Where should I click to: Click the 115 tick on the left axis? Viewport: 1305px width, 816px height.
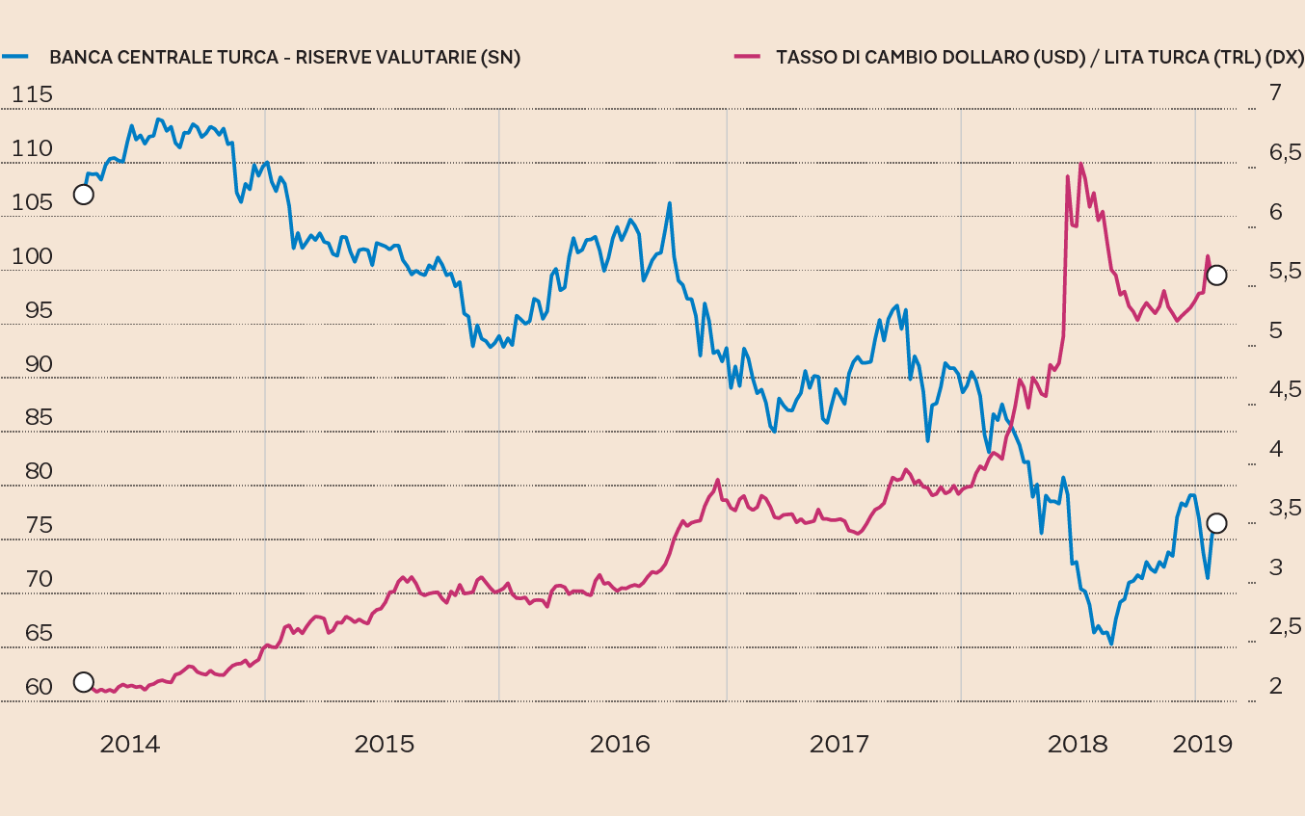33,95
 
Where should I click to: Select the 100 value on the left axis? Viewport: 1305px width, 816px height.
33,257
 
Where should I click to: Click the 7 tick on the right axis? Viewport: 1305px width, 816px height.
1275,92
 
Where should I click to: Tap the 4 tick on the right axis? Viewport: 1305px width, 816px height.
1275,449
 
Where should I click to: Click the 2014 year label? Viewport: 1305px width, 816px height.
130,744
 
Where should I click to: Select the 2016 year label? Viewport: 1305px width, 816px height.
620,744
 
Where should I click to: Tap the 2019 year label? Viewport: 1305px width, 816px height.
1202,744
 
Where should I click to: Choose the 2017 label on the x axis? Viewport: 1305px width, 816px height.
839,744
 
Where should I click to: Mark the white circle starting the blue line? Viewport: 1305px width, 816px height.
84,195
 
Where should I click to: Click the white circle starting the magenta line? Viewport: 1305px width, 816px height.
84,683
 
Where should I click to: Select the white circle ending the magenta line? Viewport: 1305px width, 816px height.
1217,275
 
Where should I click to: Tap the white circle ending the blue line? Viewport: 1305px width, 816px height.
1216,523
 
